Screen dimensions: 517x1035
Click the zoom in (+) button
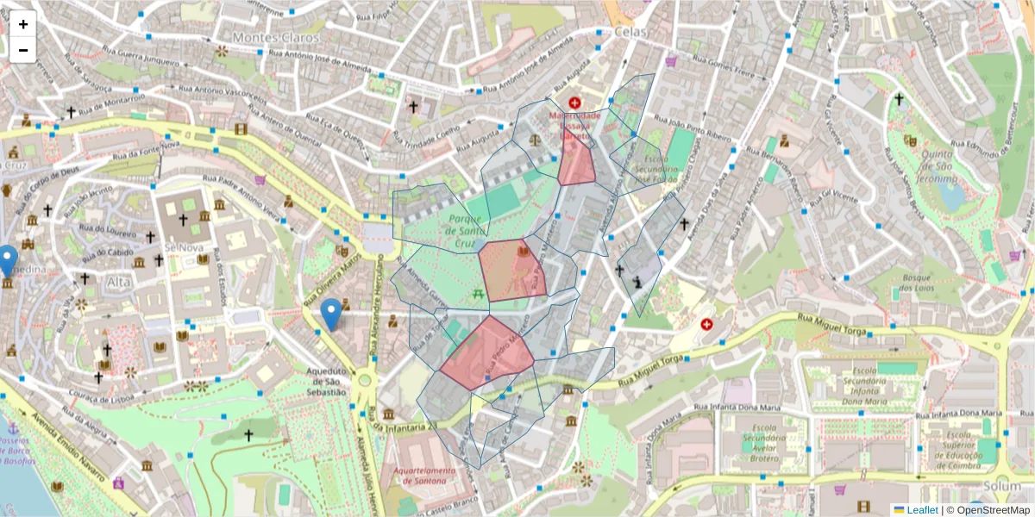[x=23, y=24]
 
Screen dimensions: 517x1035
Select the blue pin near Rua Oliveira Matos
[x=330, y=314]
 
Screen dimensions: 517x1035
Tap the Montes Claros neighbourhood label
[x=275, y=38]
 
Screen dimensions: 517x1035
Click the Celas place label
[x=630, y=31]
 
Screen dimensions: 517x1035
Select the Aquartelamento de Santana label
[x=422, y=477]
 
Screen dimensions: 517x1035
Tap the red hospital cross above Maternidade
[x=574, y=103]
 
